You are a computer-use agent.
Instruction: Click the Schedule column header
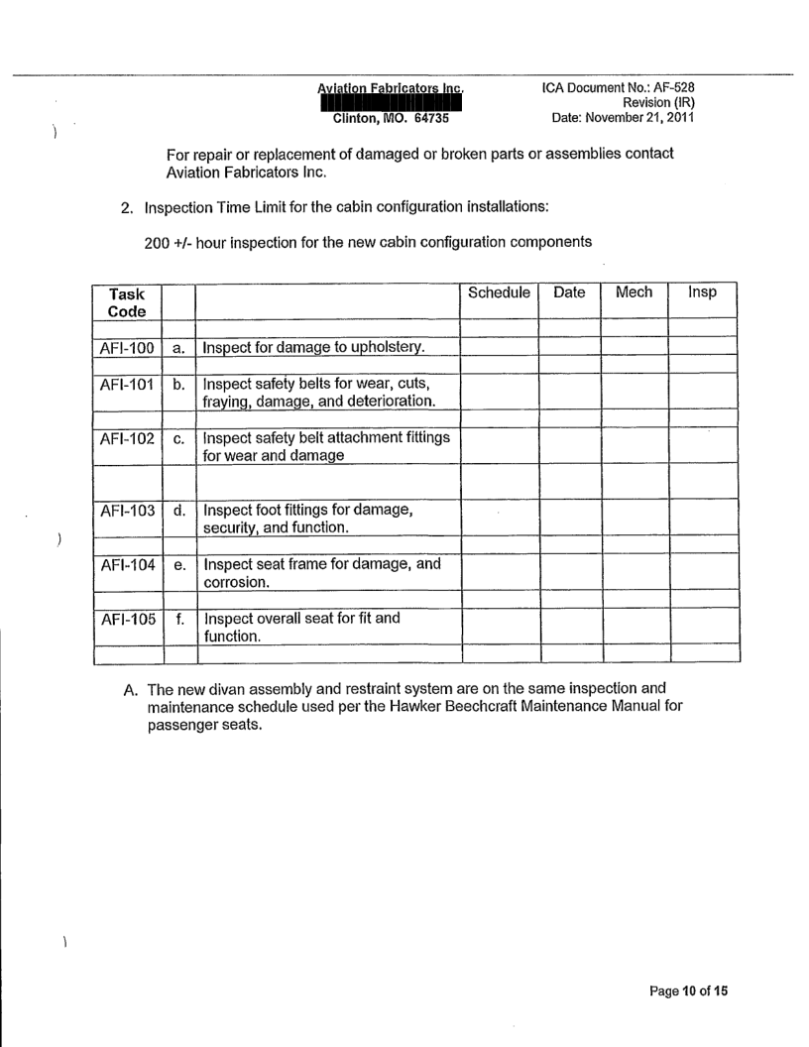(501, 293)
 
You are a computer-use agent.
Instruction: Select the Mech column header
(634, 293)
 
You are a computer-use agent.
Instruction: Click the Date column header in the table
(570, 293)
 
